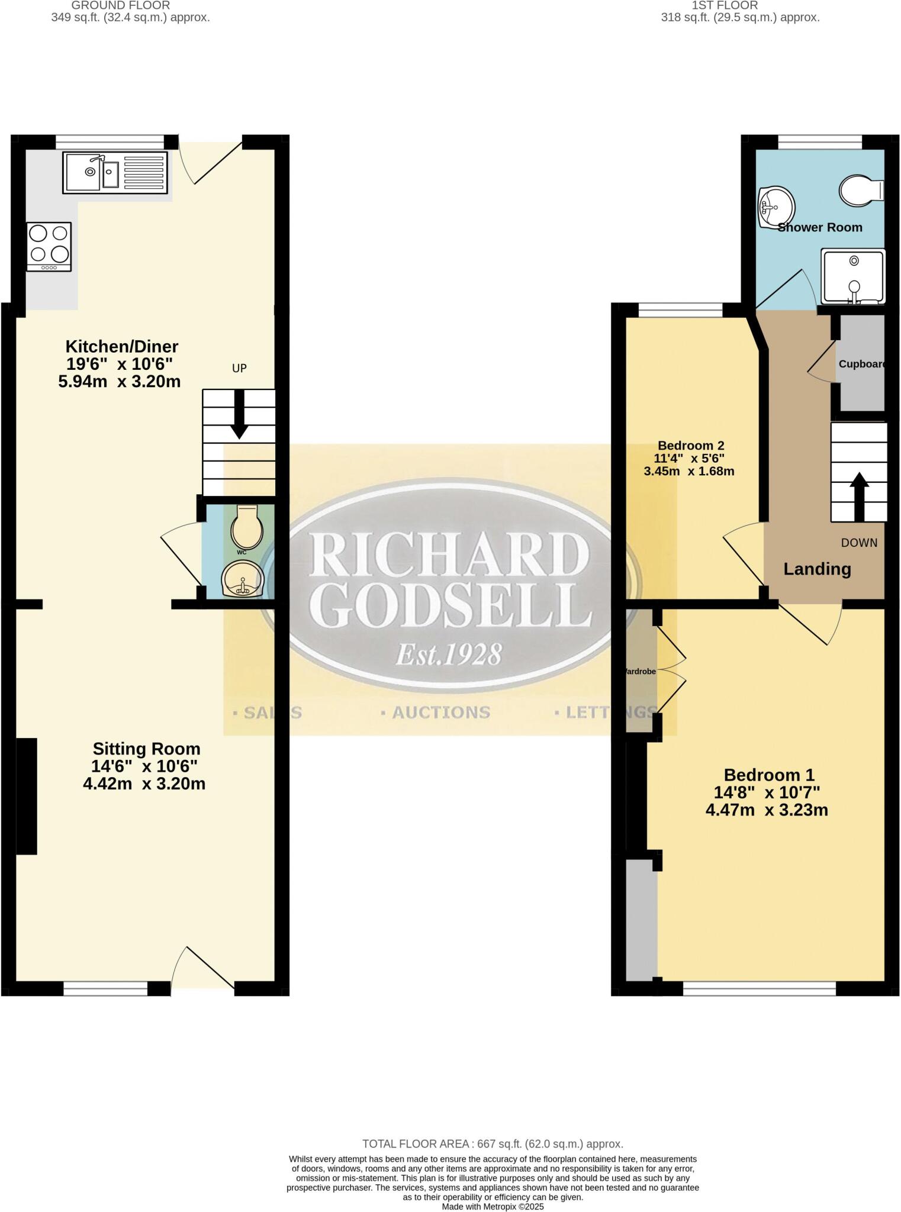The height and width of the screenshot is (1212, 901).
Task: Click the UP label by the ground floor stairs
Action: point(239,368)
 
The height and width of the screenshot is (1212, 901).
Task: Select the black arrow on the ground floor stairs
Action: point(239,414)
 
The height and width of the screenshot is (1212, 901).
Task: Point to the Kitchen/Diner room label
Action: point(121,346)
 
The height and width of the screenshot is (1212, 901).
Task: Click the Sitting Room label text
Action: point(146,749)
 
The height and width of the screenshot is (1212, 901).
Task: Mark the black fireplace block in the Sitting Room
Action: point(26,796)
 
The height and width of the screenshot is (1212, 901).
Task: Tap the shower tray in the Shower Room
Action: point(853,276)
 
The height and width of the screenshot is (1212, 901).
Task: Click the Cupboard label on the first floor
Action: point(862,364)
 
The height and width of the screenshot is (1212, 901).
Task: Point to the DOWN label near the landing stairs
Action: point(859,543)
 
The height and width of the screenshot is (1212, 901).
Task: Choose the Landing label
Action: point(817,569)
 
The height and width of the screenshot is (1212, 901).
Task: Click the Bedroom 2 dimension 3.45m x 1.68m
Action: point(689,472)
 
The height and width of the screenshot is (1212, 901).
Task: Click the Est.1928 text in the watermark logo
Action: point(448,655)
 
